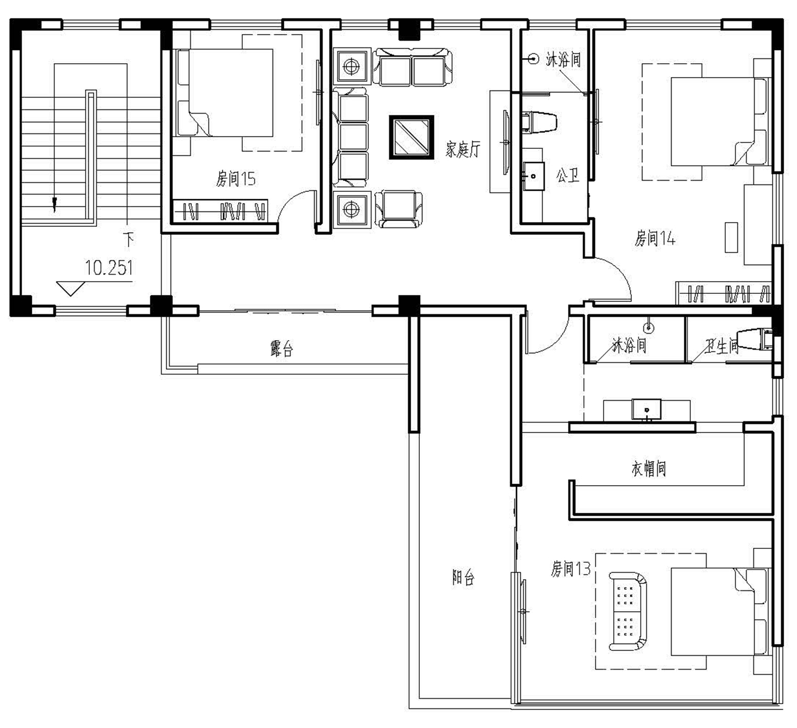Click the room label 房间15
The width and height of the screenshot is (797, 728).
(x=235, y=179)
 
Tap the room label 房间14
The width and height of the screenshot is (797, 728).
(x=655, y=239)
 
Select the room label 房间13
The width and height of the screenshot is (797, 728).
(x=571, y=569)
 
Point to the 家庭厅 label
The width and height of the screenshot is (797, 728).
(x=462, y=149)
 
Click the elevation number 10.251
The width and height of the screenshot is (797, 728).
(x=108, y=267)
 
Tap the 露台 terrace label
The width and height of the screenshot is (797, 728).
(x=282, y=349)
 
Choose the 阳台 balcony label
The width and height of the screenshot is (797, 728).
(x=463, y=577)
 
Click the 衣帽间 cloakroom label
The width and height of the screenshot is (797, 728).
(x=648, y=469)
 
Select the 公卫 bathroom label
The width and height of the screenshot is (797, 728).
(x=567, y=175)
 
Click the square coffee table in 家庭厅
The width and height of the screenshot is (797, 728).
(x=411, y=137)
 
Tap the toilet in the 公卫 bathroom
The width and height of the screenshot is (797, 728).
(x=539, y=122)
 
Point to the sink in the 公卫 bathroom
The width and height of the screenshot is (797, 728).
(x=533, y=176)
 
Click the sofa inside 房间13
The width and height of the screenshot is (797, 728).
(x=628, y=611)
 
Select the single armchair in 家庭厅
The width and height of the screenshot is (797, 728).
(x=399, y=209)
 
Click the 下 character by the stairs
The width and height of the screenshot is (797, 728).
(x=129, y=240)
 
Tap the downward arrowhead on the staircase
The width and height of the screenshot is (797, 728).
(x=54, y=205)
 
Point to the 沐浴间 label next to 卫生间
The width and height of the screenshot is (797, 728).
(x=629, y=345)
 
